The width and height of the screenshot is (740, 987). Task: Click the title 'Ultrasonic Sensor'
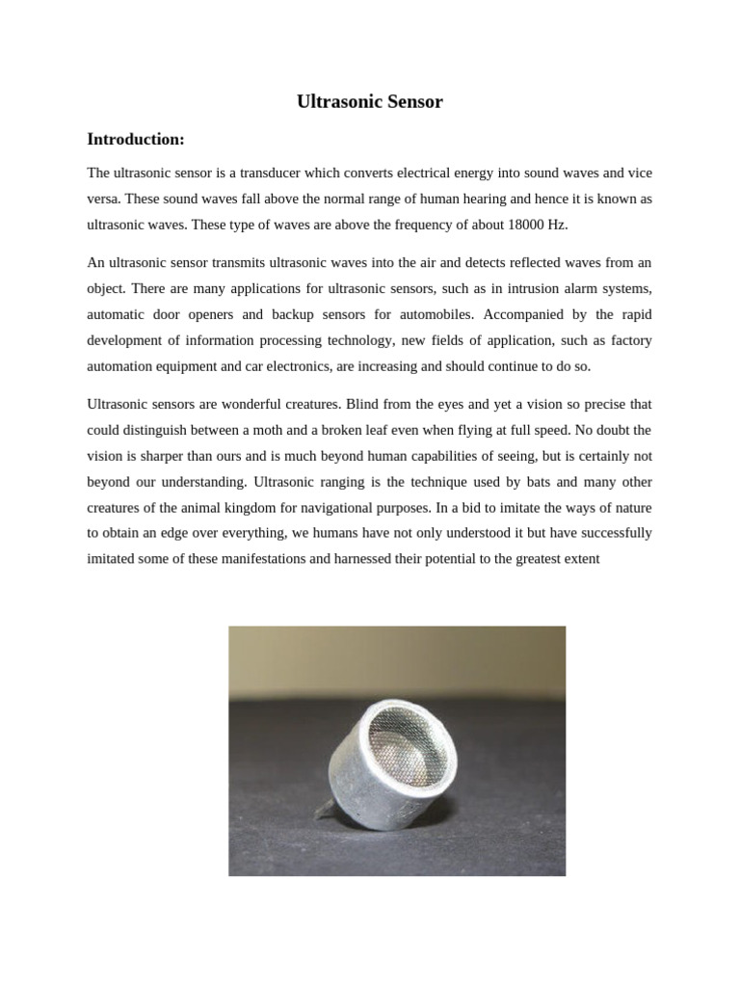[370, 101]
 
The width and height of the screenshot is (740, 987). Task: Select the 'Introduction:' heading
[135, 140]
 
